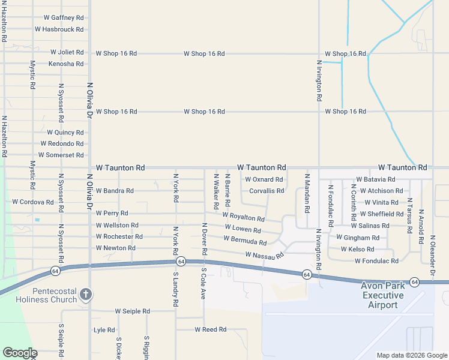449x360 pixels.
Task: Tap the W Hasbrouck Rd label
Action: point(59,29)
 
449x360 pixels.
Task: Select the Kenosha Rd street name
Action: point(66,64)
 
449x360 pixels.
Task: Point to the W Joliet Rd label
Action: point(67,52)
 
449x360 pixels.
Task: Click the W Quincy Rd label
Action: point(65,133)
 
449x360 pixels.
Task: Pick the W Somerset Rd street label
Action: point(61,155)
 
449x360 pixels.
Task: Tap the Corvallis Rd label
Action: point(267,191)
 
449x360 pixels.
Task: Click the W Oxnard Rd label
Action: point(264,179)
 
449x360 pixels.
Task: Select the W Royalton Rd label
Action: point(243,216)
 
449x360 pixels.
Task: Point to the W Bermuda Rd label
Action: point(245,240)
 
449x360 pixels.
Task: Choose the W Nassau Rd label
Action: point(264,256)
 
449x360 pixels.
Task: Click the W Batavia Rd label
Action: point(375,179)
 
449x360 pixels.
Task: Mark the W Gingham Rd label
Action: point(358,238)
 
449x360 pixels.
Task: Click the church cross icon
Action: point(86,294)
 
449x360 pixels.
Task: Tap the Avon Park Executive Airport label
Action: point(382,295)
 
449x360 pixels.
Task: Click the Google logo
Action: point(19,353)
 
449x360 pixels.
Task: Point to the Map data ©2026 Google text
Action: point(411,355)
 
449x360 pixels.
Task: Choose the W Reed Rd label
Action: point(210,329)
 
